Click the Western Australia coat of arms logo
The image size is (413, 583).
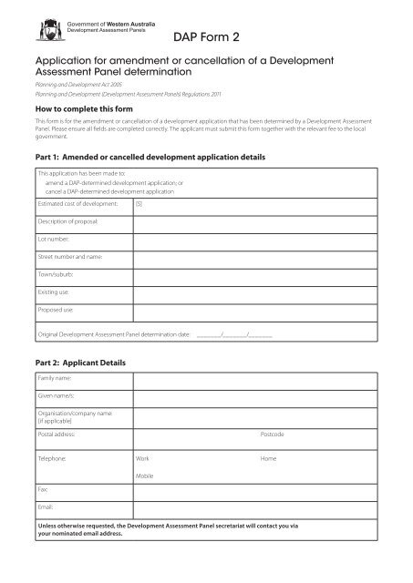(x=36, y=27)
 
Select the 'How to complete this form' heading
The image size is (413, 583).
(x=77, y=107)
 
